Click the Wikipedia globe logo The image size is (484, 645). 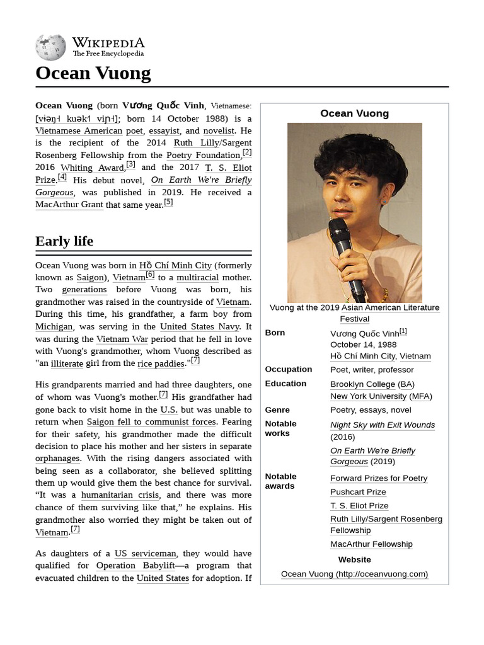(50, 47)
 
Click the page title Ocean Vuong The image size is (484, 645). (93, 73)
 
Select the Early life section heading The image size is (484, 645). (64, 241)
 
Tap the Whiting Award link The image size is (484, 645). (92, 168)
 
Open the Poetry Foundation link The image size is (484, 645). (204, 155)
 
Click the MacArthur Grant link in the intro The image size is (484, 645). (69, 205)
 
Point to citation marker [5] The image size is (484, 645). (168, 203)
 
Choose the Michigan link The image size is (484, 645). (54, 326)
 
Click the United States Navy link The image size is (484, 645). (199, 326)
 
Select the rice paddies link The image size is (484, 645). (161, 363)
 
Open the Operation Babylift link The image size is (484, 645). (135, 566)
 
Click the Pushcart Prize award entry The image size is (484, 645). (358, 492)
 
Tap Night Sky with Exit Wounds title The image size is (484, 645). (383, 425)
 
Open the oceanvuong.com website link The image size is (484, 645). (354, 574)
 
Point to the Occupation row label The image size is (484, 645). (288, 369)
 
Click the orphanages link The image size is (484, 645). (57, 459)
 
